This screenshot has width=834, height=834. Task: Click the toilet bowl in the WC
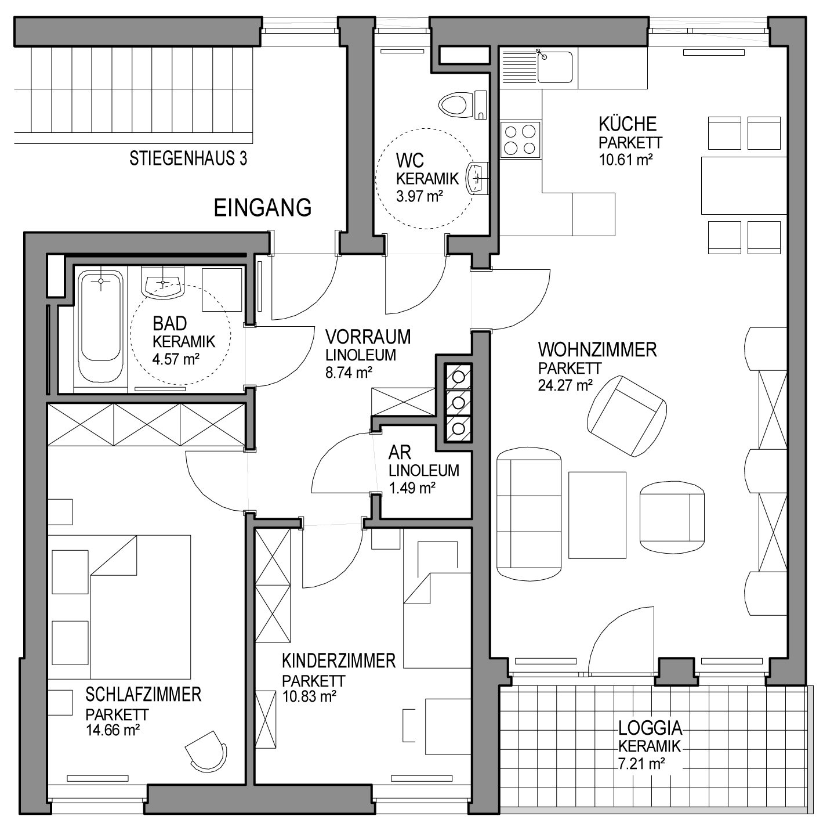tap(453, 104)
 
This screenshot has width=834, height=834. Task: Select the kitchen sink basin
tap(555, 67)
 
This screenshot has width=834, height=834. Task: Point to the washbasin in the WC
tap(478, 178)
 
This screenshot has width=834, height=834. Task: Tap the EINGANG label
tap(263, 208)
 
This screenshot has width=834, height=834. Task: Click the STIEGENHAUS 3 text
tap(188, 158)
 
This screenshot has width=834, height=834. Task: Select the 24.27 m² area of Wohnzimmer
tap(565, 385)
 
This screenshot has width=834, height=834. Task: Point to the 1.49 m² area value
tap(412, 488)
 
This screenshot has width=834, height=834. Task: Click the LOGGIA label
tap(650, 728)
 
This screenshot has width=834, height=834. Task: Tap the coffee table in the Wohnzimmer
tap(597, 515)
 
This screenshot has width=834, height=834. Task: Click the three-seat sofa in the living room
tap(529, 514)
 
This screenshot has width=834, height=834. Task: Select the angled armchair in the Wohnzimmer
tap(627, 416)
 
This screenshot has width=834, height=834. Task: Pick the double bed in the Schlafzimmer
tap(119, 606)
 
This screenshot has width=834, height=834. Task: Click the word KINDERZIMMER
tap(339, 661)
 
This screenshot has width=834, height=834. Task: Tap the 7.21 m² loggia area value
tap(641, 763)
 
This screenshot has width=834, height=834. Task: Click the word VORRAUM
tap(368, 337)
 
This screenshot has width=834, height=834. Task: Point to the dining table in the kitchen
tap(744, 185)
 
